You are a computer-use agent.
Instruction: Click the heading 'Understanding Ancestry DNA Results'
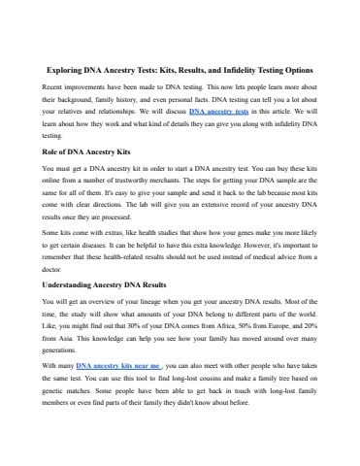[113, 286]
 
